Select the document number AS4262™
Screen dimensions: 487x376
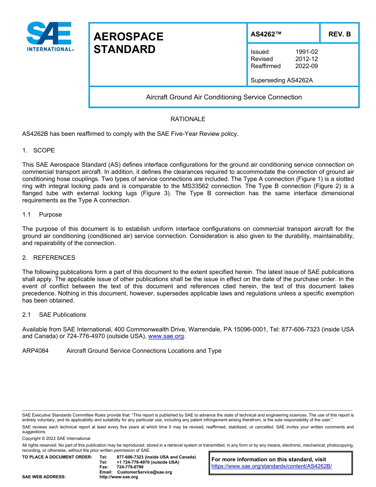tap(266, 34)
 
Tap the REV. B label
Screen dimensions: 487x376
tap(339, 34)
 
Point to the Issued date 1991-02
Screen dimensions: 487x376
tap(306, 52)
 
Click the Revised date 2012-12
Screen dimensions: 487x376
tap(306, 59)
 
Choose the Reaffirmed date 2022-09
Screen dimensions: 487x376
tap(306, 66)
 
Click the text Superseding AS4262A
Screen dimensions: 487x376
tap(281, 80)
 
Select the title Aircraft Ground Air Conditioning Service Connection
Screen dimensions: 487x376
tap(224, 97)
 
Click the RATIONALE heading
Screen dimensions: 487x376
tap(188, 119)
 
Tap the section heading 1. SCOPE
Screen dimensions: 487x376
tap(38, 150)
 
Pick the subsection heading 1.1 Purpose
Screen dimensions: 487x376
tap(42, 215)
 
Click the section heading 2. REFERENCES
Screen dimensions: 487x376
tap(49, 258)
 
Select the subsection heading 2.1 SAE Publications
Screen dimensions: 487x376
tap(54, 315)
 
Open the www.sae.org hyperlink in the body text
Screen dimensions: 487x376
tap(166, 337)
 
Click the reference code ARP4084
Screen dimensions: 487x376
tap(35, 351)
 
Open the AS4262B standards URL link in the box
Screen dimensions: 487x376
tap(272, 466)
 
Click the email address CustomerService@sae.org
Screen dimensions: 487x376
tap(144, 472)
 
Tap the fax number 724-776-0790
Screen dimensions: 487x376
tap(130, 467)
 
